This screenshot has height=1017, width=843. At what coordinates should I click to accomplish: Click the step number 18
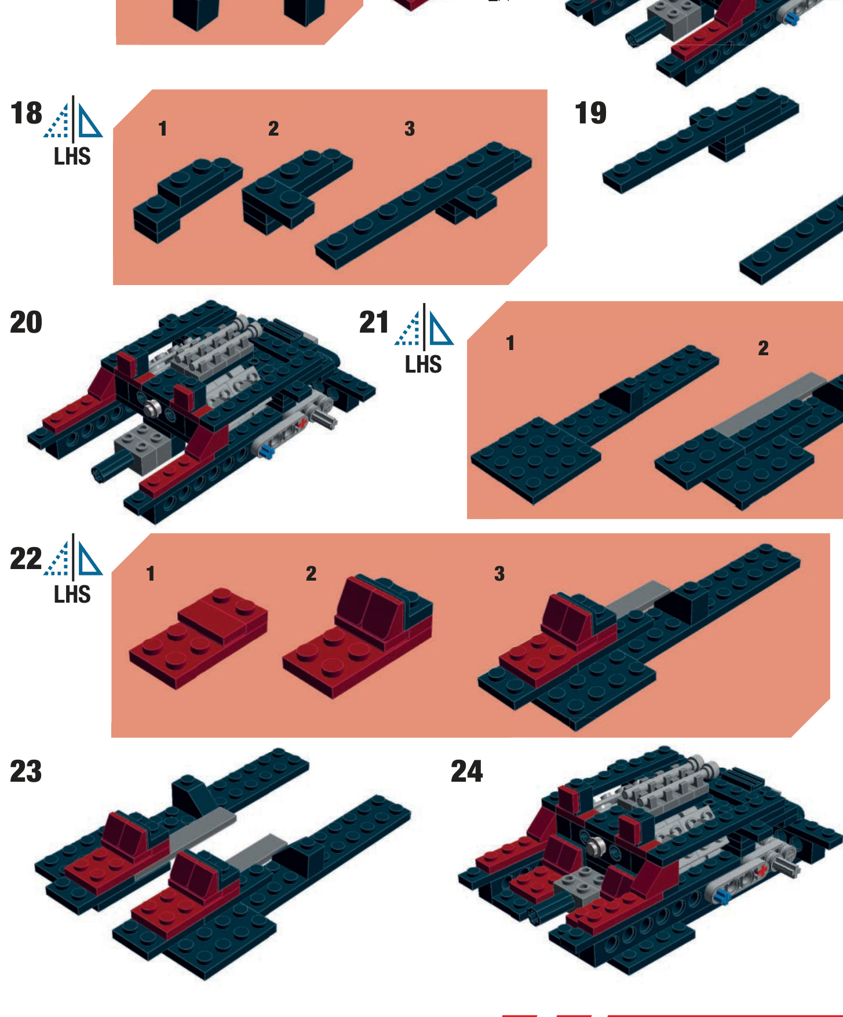coord(26,113)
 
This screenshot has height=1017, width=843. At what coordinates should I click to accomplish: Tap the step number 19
coord(590,113)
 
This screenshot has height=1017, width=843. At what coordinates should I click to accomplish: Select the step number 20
coord(26,322)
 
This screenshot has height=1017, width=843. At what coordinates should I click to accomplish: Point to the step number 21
coord(374,322)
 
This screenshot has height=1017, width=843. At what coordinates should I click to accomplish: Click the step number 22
coord(26,559)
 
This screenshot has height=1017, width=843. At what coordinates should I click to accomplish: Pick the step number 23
coord(26,771)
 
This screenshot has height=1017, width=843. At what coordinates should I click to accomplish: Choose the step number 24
coord(467,771)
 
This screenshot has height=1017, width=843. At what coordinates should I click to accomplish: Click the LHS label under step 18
coord(72,156)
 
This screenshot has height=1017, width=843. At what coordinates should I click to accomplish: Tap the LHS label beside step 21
coord(424,364)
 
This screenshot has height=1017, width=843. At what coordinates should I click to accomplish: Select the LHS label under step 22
coord(72,595)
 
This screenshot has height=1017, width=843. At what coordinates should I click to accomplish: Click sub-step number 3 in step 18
coord(410,129)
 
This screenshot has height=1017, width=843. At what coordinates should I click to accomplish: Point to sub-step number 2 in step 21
coord(763,348)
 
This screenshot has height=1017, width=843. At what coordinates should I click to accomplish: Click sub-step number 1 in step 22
coord(151,574)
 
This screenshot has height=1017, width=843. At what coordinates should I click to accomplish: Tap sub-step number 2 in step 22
coord(311,574)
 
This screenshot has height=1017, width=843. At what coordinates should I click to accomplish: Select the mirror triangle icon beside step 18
coord(73,119)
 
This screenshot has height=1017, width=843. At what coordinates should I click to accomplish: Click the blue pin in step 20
coord(267,452)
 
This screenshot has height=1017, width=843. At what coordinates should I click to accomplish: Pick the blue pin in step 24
coord(721,897)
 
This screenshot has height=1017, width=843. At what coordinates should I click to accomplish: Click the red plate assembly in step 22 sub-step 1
coord(199,639)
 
